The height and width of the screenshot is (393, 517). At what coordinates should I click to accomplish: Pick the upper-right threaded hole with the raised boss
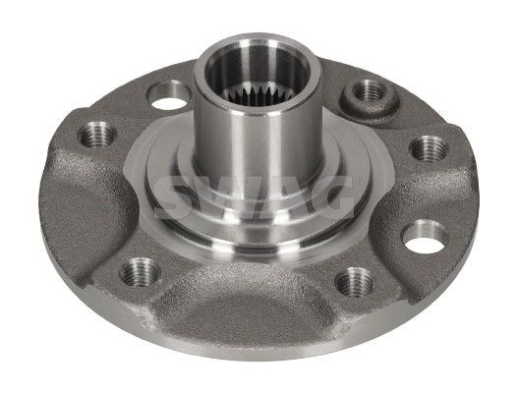(368, 91)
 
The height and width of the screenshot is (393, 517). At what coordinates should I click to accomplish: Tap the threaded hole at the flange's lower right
(352, 282)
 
